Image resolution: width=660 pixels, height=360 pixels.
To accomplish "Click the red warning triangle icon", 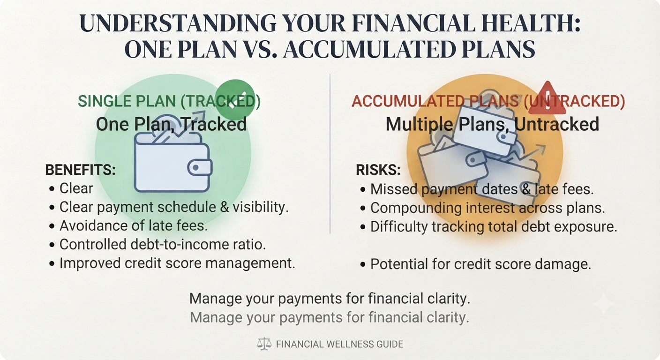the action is [x=547, y=99].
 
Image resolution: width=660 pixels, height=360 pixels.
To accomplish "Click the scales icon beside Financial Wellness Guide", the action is [x=264, y=344].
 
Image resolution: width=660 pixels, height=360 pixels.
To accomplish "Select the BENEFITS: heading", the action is [x=81, y=170].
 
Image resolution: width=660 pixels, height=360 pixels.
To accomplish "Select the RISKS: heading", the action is [x=378, y=170].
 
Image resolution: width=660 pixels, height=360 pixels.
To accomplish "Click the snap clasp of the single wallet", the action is [x=196, y=168].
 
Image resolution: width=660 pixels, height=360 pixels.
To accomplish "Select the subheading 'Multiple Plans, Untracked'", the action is [x=492, y=124].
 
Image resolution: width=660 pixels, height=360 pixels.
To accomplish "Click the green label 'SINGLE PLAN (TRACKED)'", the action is [x=169, y=101].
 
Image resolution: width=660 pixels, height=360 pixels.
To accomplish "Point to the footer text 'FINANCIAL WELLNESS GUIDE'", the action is [x=340, y=344].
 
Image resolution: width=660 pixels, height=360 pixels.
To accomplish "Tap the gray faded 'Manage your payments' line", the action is [x=330, y=318].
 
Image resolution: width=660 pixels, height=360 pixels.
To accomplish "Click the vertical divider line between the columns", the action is [x=330, y=154].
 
